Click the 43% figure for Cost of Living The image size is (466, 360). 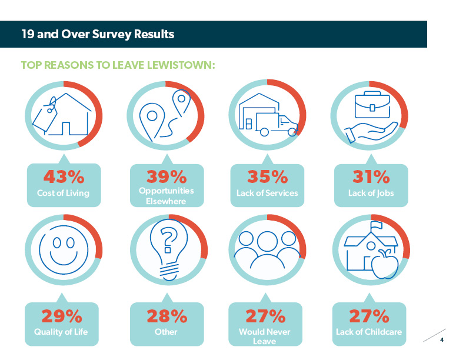coord(64,176)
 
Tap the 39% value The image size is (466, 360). coord(167,176)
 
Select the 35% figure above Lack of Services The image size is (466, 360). coord(268,176)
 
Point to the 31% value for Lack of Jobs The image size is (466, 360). coord(371,176)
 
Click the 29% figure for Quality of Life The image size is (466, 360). coord(62,316)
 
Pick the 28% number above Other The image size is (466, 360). coord(167,316)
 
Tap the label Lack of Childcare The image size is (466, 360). coord(369,332)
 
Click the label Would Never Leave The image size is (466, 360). coord(265,336)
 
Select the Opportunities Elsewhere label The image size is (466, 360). coord(167,196)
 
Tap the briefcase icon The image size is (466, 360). coord(372,105)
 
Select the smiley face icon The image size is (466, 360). coord(64,249)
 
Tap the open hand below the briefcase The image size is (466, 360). coord(371,132)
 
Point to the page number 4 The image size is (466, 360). coord(442,339)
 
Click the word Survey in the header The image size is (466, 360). coord(112,34)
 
